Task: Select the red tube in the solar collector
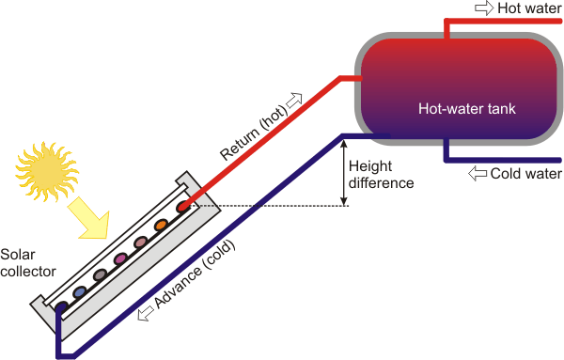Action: (x=183, y=207)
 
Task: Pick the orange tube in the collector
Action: (x=162, y=226)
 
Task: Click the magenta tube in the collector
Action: (x=120, y=258)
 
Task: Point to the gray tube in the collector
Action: (x=101, y=274)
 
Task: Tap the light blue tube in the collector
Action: (x=80, y=292)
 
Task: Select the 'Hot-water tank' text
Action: (x=467, y=108)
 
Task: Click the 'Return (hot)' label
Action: (x=251, y=131)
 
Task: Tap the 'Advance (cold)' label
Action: (x=192, y=274)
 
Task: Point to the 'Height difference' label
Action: (x=381, y=175)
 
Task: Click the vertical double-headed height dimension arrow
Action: (x=343, y=172)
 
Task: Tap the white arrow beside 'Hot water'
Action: (x=483, y=8)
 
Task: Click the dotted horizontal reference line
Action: (x=273, y=206)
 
